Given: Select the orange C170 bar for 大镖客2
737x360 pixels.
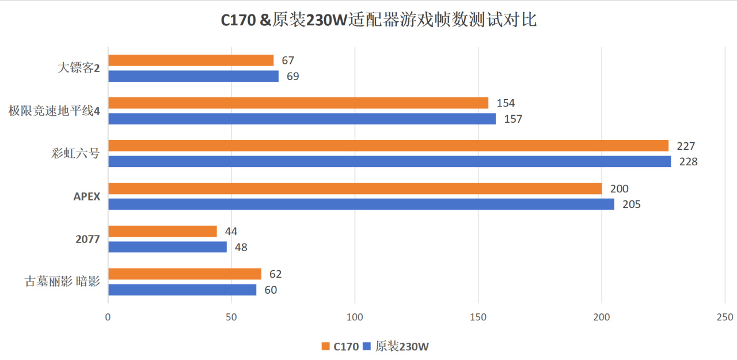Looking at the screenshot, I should pyautogui.click(x=191, y=60).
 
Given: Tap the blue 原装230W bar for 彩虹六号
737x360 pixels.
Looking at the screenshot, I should pyautogui.click(x=389, y=161).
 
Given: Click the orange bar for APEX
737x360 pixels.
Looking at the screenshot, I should pyautogui.click(x=355, y=188).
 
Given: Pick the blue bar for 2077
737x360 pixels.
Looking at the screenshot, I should pyautogui.click(x=167, y=247).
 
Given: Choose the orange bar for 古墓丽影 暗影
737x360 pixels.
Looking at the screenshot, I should pyautogui.click(x=184, y=274).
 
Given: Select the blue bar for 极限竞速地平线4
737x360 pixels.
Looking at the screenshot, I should pyautogui.click(x=302, y=119).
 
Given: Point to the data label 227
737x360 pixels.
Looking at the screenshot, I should pyautogui.click(x=686, y=146).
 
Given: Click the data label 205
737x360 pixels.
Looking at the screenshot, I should pyautogui.click(x=631, y=204).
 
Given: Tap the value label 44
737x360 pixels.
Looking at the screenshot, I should pyautogui.click(x=231, y=232).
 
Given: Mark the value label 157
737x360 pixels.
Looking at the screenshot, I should pyautogui.click(x=512, y=119).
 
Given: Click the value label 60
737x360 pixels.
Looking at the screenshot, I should pyautogui.click(x=271, y=290).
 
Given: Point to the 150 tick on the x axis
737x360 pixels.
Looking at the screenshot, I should pyautogui.click(x=478, y=317).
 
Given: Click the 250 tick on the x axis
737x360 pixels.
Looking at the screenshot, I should pyautogui.click(x=725, y=317).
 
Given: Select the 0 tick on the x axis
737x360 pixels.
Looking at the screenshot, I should pyautogui.click(x=108, y=317).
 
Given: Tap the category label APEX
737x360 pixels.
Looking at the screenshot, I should pyautogui.click(x=87, y=197).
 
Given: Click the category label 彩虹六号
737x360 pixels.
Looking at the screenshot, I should pyautogui.click(x=75, y=154).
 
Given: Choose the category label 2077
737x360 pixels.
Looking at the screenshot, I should pyautogui.click(x=88, y=240).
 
